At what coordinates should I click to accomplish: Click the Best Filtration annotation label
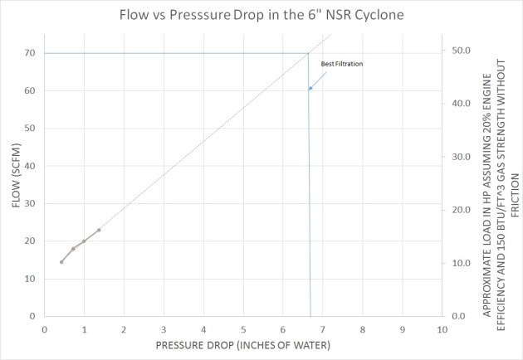coord(342,64)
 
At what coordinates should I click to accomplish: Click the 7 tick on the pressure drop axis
coord(323,328)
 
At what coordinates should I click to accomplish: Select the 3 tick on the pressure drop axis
coord(164,328)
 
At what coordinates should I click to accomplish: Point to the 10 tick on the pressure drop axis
coord(442,328)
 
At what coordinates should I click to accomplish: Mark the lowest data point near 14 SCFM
coord(61,262)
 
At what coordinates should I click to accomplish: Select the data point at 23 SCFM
coord(99,230)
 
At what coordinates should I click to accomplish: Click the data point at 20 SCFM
coord(84,241)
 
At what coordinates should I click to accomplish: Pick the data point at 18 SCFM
coord(73,249)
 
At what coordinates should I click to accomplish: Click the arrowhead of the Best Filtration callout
coord(310,88)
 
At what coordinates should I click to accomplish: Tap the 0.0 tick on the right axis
coord(461,316)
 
